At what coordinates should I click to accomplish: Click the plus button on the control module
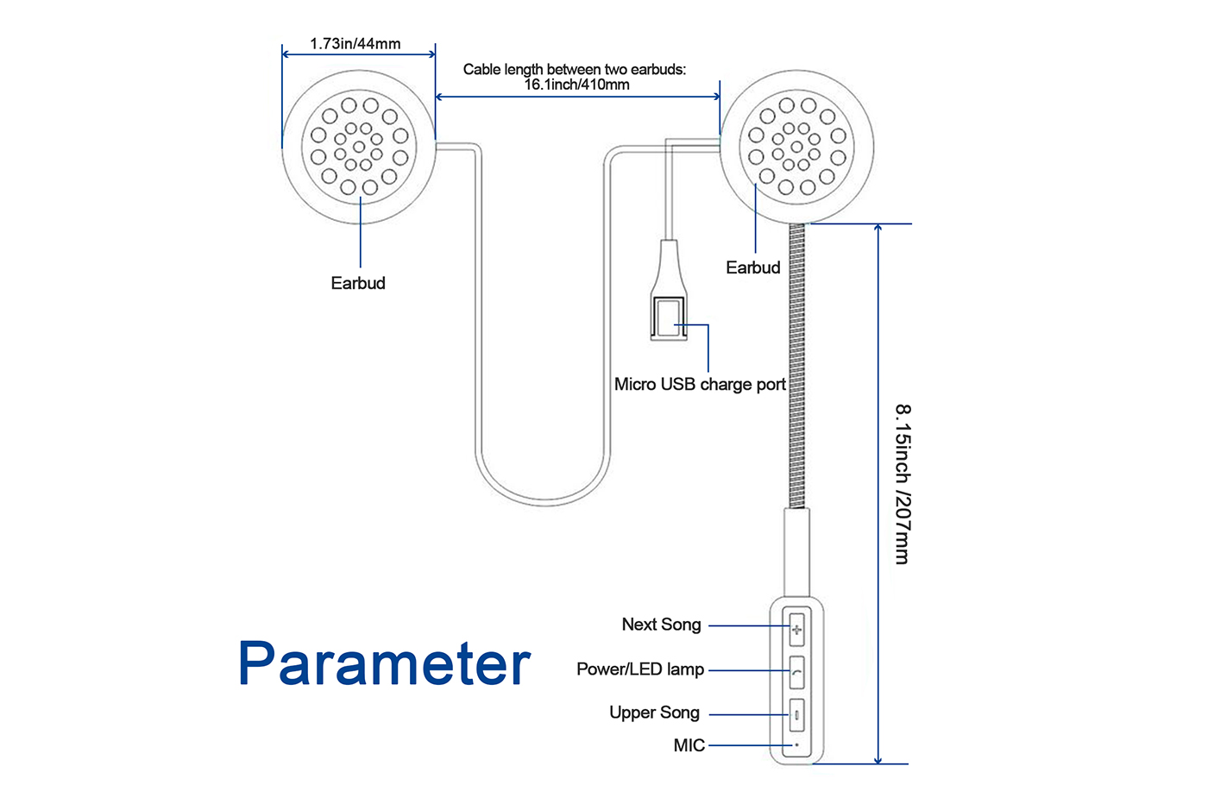pos(796,629)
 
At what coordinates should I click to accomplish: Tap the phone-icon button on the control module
pos(796,672)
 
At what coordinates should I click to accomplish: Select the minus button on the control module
pos(796,715)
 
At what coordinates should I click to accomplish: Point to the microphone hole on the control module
pos(796,744)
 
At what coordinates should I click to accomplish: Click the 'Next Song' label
pos(661,625)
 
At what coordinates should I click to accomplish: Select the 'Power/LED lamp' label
pos(640,669)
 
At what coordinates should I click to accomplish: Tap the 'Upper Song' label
pos(654,713)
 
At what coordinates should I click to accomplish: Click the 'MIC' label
pos(689,745)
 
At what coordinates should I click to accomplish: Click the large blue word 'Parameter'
pos(384,663)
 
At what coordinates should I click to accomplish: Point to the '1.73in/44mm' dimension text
pos(355,43)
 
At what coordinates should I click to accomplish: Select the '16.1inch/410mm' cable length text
pos(576,85)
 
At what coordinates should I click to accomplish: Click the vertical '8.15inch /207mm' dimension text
pos(903,483)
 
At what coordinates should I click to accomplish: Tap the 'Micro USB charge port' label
pos(700,384)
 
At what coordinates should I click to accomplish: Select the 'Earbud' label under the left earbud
pos(358,283)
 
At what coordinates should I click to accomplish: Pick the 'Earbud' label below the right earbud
pos(752,267)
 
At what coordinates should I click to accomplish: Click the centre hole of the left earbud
pos(359,147)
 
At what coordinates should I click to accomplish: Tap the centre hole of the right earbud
pos(796,147)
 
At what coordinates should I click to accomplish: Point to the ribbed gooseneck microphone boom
pos(796,362)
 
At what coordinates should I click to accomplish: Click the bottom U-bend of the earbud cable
pos(544,499)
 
